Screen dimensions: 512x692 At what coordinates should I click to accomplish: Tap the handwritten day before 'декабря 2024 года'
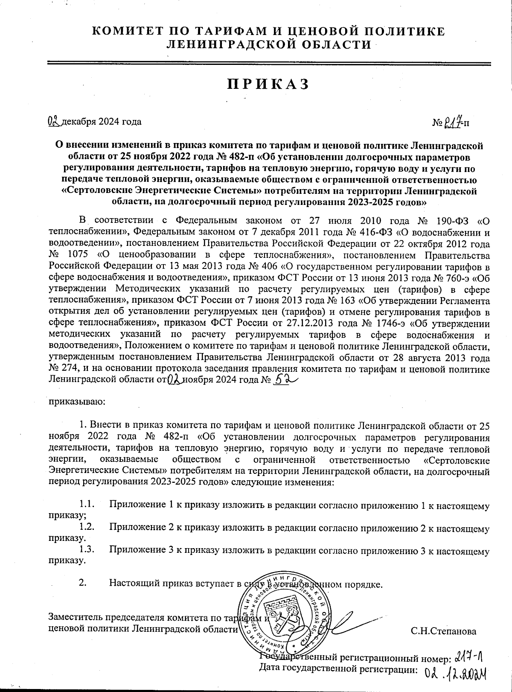pos(55,122)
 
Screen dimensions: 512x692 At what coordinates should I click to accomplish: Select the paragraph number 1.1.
pos(86,505)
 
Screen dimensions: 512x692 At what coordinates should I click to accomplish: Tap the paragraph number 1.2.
pos(86,528)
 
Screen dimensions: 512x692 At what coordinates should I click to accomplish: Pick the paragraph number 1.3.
pos(86,551)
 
